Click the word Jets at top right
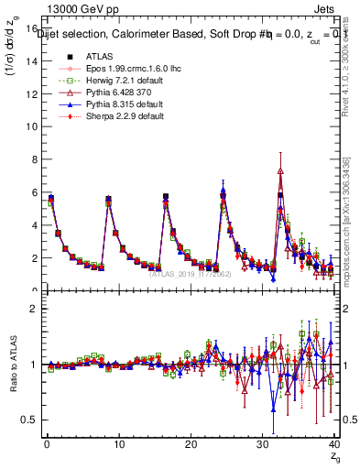coord(329,8)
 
